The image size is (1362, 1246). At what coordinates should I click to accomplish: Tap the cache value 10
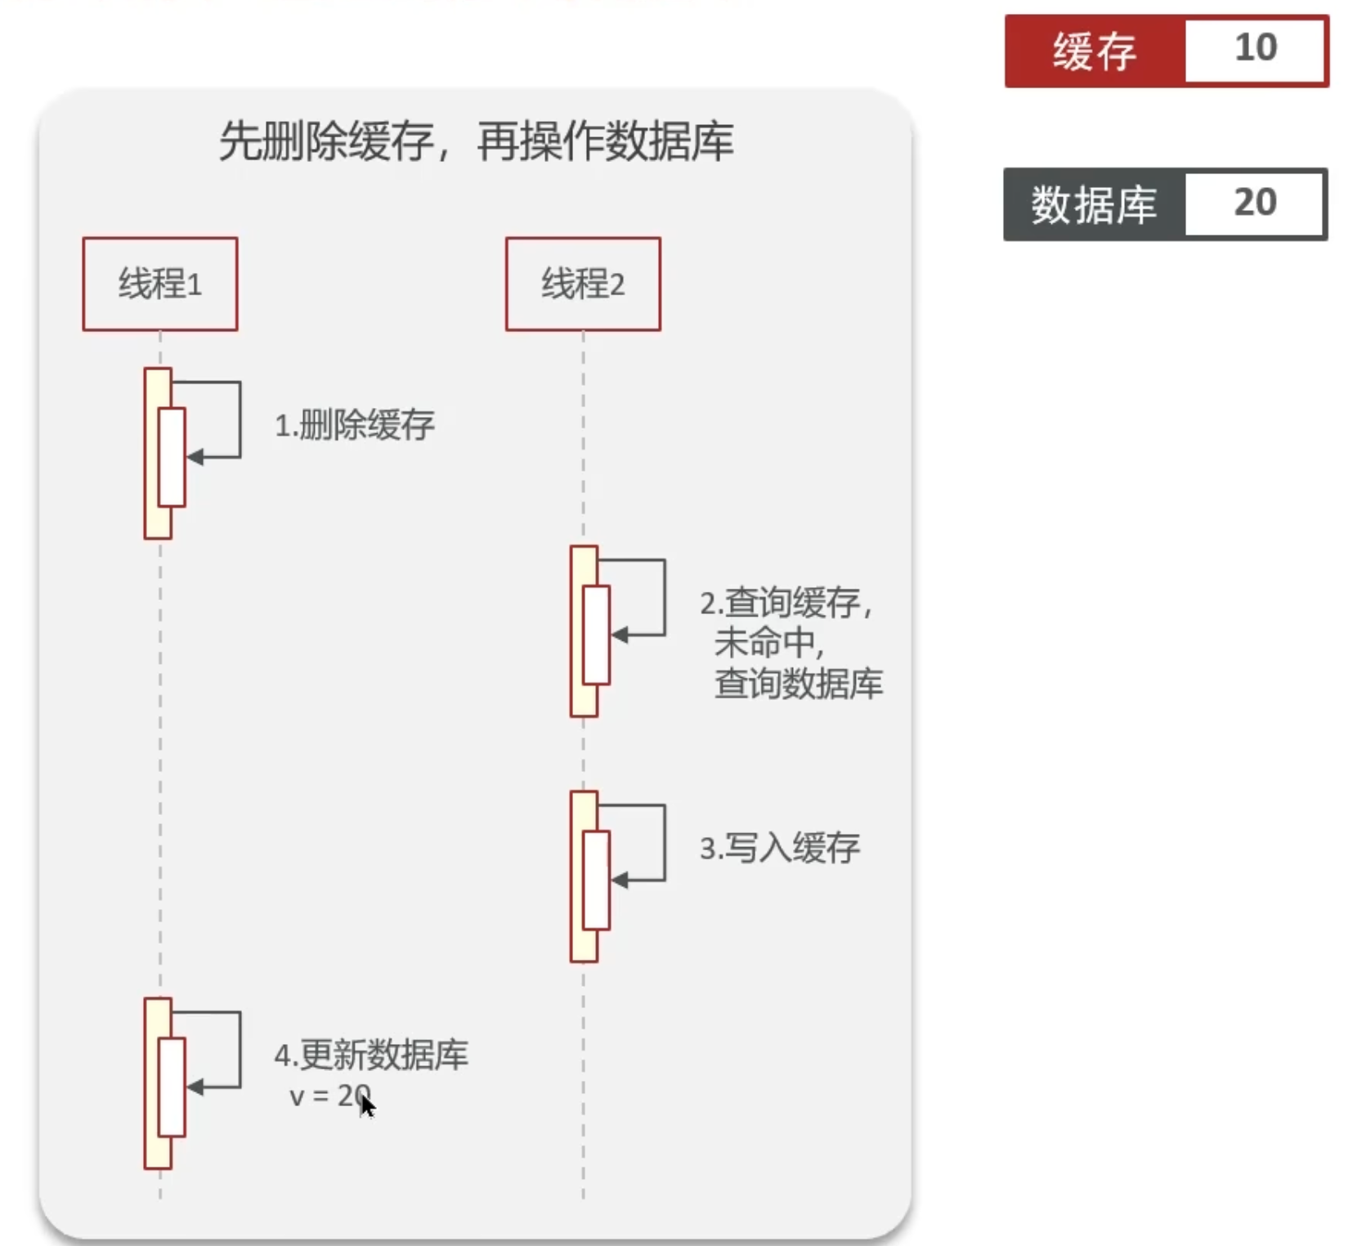click(1256, 47)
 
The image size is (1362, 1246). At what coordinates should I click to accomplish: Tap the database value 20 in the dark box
click(1255, 202)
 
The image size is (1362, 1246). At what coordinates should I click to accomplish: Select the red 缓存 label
click(1095, 51)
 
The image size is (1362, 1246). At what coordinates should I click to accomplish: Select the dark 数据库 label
click(1094, 204)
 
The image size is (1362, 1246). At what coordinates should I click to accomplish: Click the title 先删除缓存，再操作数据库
click(477, 141)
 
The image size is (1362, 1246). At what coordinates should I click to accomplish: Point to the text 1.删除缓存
click(355, 425)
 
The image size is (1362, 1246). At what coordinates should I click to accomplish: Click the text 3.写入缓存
click(780, 848)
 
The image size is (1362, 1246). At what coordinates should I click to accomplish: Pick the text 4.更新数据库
click(371, 1055)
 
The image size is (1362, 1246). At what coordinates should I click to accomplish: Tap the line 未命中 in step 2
click(768, 643)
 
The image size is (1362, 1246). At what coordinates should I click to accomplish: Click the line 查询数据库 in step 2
click(799, 684)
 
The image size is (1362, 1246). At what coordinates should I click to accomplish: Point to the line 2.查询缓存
click(786, 603)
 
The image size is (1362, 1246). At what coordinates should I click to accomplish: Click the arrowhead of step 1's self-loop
click(195, 457)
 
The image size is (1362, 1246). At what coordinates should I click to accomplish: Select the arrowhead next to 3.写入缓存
click(619, 881)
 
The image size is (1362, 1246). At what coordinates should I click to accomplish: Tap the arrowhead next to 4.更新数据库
click(195, 1087)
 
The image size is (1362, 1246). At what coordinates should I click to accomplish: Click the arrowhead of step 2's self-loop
click(619, 635)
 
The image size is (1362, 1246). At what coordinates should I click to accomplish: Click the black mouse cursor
click(367, 1105)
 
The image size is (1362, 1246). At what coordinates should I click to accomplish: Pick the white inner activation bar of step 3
click(597, 881)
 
